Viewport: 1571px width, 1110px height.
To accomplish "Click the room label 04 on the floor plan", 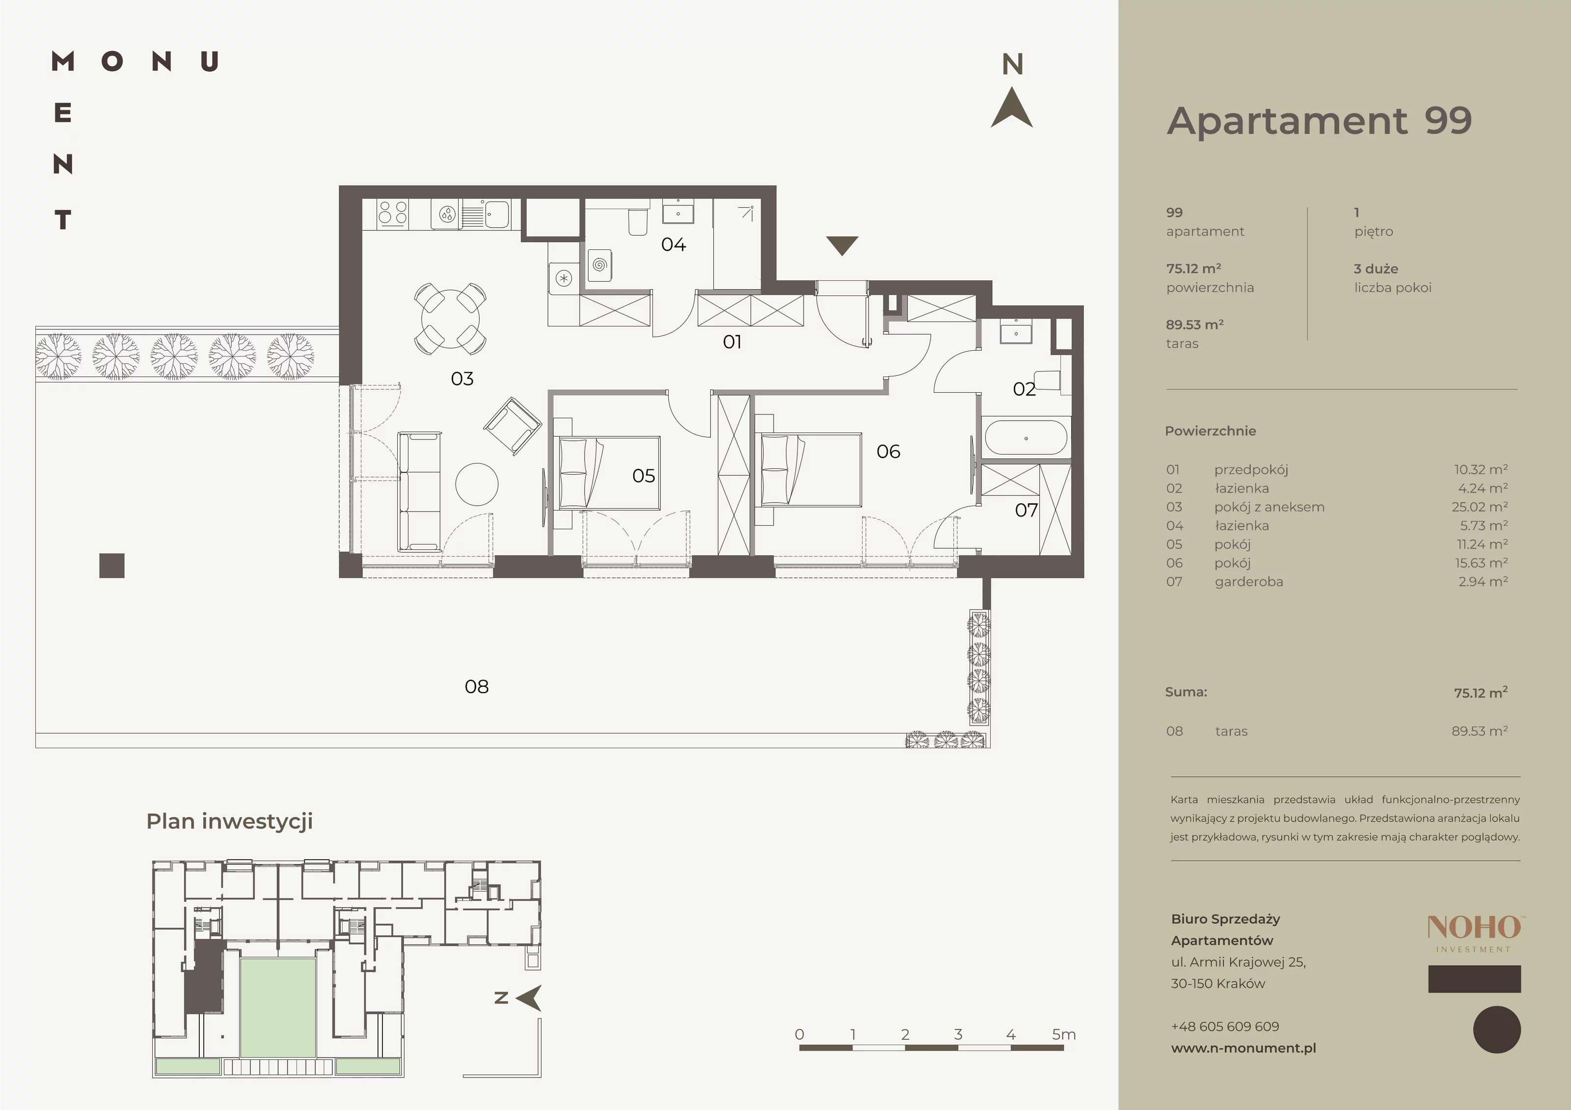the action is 673,244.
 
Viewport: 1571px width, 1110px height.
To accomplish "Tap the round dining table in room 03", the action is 450,319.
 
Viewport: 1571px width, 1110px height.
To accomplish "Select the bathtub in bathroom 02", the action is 1025,438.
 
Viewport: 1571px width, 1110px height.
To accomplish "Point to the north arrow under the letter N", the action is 1012,109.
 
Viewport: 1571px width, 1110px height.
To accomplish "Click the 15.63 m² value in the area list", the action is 1481,563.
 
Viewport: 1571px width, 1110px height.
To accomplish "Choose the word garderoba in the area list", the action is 1249,582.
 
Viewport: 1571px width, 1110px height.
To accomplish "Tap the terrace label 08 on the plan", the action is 476,686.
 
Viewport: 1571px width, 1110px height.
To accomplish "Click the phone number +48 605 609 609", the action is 1225,1027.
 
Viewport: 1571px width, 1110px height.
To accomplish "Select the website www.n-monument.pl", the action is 1243,1048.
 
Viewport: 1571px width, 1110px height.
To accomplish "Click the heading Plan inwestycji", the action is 229,821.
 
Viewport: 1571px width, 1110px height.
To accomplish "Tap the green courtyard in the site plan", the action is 278,1007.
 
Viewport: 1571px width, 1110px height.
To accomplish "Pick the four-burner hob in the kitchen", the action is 393,214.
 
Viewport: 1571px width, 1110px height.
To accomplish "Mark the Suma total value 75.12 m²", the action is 1481,693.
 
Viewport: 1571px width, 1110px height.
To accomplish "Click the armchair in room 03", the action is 513,426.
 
